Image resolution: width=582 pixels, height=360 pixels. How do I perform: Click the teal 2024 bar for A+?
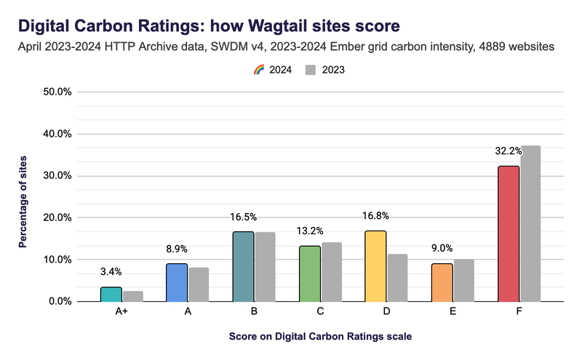[x=111, y=294]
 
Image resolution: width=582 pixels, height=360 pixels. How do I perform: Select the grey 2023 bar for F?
[x=530, y=223]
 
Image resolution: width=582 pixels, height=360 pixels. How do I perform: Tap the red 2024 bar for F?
[x=509, y=233]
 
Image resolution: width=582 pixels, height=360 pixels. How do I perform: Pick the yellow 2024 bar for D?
[x=375, y=265]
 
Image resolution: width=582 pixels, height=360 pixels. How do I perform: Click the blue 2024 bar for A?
[x=177, y=282]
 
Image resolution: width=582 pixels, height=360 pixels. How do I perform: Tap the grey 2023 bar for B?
[x=266, y=266]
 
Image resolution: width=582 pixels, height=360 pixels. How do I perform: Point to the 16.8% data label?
[x=375, y=216]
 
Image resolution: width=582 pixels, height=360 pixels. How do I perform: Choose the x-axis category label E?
[x=453, y=311]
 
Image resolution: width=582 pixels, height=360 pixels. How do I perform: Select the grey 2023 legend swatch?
[x=308, y=70]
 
